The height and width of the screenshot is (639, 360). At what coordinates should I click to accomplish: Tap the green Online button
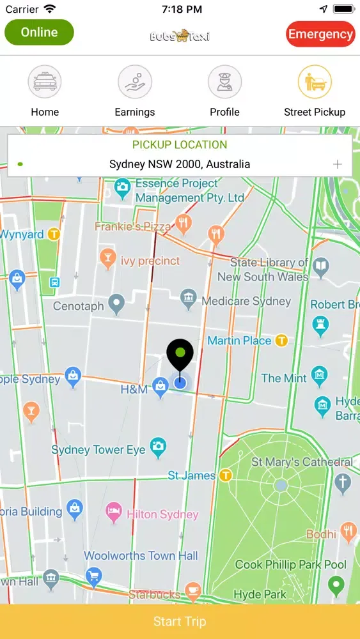tap(39, 32)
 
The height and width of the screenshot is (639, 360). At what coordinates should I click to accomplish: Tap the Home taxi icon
tap(45, 82)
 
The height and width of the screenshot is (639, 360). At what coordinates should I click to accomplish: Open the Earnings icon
tap(134, 82)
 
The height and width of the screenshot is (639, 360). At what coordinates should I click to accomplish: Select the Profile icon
tap(224, 82)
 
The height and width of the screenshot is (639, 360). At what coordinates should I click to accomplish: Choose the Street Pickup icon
tap(315, 82)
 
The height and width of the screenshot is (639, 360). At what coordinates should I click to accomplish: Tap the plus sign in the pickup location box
tap(338, 164)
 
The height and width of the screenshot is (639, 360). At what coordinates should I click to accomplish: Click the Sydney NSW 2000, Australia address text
tap(180, 164)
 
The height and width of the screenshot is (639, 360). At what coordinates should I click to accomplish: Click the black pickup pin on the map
tap(180, 355)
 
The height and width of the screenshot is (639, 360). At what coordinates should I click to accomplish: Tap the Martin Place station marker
tap(281, 341)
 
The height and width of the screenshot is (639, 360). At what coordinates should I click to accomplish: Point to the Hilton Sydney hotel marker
tap(114, 510)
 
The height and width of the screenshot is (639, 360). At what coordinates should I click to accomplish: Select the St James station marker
tap(225, 475)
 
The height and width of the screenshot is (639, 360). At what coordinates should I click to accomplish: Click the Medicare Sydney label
tap(246, 301)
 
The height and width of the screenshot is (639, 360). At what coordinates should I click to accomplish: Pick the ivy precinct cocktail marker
tap(107, 258)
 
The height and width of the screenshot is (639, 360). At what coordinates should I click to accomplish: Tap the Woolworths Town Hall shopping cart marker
tap(93, 575)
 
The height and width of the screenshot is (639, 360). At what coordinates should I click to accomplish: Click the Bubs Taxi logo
tap(180, 35)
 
